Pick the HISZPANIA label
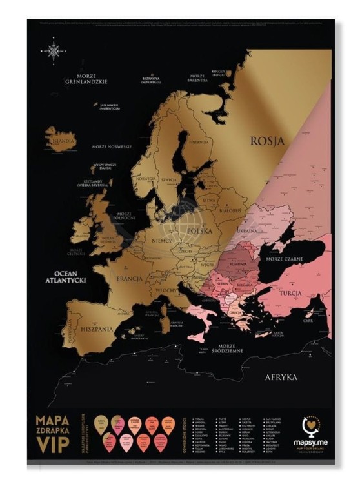click(x=97, y=329)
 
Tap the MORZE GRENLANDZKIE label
click(x=90, y=79)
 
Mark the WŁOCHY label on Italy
click(x=166, y=292)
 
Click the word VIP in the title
click(x=53, y=445)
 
